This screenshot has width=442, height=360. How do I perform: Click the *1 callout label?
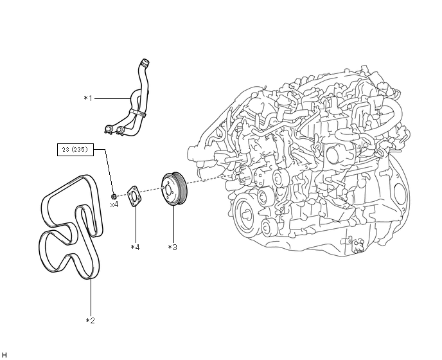point(88,98)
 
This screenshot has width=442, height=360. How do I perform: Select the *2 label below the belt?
point(91,320)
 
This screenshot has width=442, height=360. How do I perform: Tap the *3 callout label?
point(172,246)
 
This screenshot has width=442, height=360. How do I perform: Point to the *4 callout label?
point(135,246)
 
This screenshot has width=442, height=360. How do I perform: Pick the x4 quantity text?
point(114,204)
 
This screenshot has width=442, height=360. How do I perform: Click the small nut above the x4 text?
point(114,195)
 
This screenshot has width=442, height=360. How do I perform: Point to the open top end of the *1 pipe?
point(145,62)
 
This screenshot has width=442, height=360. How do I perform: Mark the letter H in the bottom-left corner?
point(4,355)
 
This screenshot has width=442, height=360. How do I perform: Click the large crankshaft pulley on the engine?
point(247,213)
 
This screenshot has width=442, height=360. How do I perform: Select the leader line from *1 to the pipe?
point(112,98)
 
